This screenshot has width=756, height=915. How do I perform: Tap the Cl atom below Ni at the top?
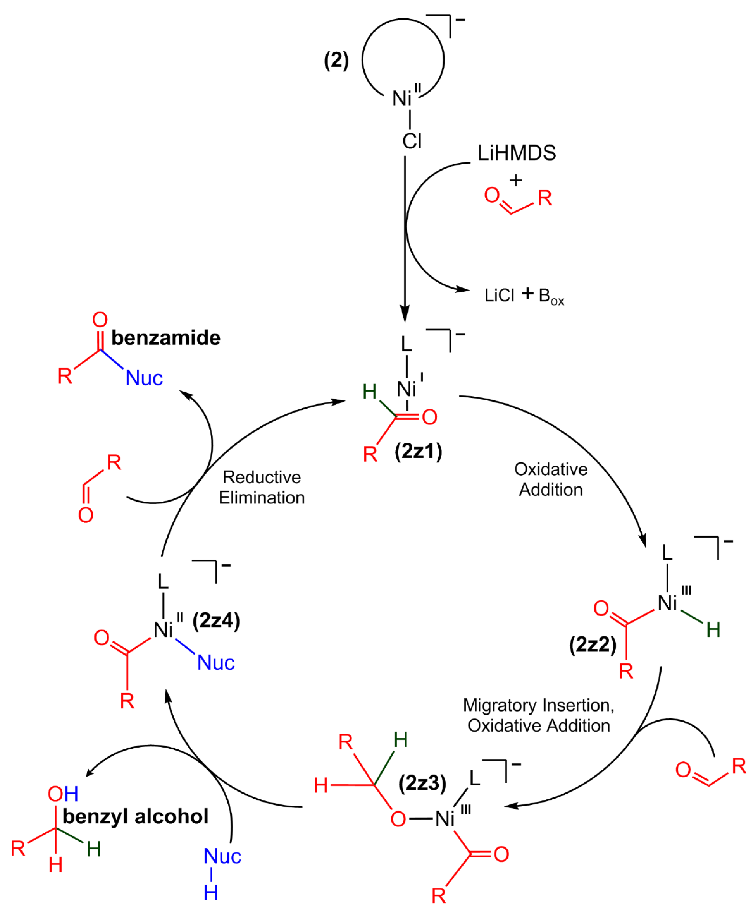pyautogui.click(x=412, y=141)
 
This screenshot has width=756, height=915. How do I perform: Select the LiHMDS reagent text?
pyautogui.click(x=517, y=153)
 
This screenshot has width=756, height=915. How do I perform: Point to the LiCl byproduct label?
pyautogui.click(x=499, y=295)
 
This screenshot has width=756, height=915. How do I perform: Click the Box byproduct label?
pyautogui.click(x=551, y=296)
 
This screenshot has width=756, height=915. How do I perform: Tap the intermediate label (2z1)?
pyautogui.click(x=418, y=451)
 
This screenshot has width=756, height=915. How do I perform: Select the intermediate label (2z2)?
pyautogui.click(x=593, y=644)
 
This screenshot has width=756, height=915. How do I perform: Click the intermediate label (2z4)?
pyautogui.click(x=216, y=620)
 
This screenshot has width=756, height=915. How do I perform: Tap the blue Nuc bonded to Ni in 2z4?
pyautogui.click(x=216, y=663)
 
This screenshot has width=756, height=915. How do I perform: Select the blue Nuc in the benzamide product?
pyautogui.click(x=144, y=378)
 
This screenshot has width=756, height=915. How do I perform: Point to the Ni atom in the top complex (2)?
pyautogui.click(x=402, y=99)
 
